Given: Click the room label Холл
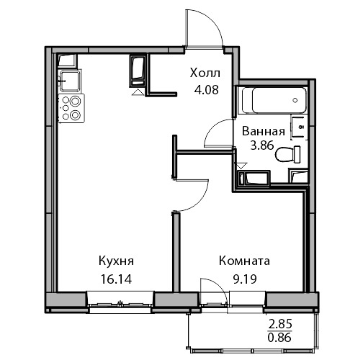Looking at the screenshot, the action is point(205,73).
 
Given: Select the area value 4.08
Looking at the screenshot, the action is point(207,90).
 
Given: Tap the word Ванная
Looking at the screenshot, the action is point(264,131).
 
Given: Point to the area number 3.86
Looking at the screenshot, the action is point(262,145).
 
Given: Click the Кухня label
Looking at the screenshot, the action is point(116,261).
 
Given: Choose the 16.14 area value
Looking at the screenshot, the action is point(117,279).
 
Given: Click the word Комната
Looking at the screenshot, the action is point(244,261).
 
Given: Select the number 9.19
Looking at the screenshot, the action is point(245,279).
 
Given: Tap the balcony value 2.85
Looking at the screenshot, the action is point(280,325).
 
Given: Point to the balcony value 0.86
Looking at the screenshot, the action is point(279,338).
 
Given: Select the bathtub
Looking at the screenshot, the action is point(274,100).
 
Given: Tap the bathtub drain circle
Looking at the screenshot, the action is point(295,100).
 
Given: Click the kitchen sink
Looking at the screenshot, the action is point(70,81).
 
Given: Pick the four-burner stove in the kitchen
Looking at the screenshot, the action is point(71,108).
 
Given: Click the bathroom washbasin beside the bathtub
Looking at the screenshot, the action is point(299,127).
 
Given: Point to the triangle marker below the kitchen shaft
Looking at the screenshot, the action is point(138,92).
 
